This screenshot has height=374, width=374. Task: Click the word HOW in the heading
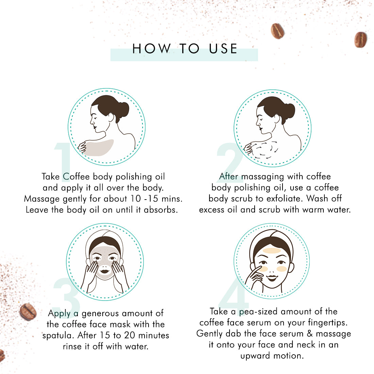click(152, 49)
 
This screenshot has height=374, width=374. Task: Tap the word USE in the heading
click(223, 49)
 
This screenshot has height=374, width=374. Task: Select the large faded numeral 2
click(230, 160)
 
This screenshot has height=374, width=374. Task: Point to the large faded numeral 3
click(67, 294)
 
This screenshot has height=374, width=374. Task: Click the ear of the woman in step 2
click(277, 119)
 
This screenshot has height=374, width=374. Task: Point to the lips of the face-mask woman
click(104, 271)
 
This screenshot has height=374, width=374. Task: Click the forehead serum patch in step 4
click(272, 251)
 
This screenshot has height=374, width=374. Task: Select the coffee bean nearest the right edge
click(360, 39)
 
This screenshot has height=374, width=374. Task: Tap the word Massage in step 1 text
click(42, 199)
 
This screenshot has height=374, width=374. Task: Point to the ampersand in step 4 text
click(310, 334)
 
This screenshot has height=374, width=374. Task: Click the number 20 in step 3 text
click(130, 335)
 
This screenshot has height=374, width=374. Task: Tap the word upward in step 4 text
click(255, 356)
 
